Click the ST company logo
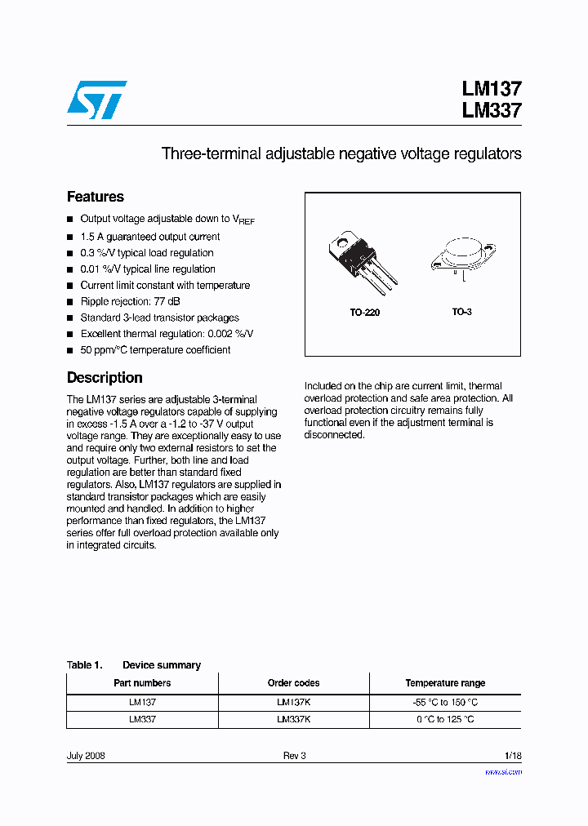pos(96,100)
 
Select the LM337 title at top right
pos(491,111)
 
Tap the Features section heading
pos(96,197)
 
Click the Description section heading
pos(105,378)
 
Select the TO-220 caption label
pos(365,313)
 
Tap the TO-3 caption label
pos(462,313)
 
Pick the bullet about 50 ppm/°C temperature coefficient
pos(155,350)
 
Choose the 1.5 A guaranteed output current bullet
pos(149,237)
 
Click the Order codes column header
pos(293,683)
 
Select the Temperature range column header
pos(445,683)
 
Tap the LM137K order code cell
pos(293,702)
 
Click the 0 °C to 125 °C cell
pos(445,720)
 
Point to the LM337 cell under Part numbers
pos(142,720)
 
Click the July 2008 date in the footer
pos(86,756)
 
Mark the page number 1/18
pos(512,756)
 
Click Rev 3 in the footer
pos(294,756)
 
